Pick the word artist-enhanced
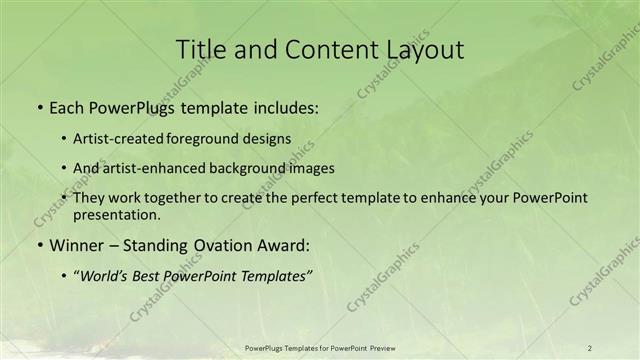coord(149,168)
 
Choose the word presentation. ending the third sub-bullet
coord(116,214)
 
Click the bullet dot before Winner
coord(39,245)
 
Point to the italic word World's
coord(105,275)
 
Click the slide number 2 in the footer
coord(590,348)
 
